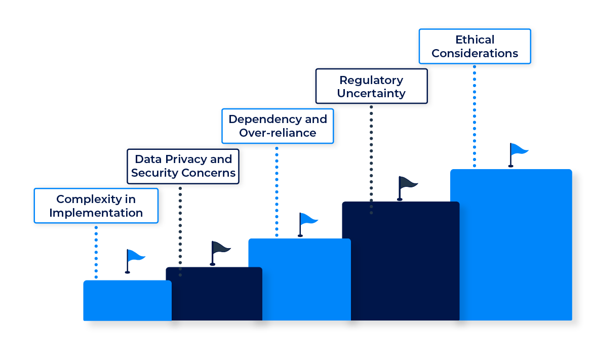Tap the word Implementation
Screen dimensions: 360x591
(96, 213)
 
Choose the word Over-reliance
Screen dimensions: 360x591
(278, 133)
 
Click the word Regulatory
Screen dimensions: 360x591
(371, 80)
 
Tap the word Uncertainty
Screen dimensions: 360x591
(371, 94)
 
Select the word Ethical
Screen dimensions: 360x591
(475, 39)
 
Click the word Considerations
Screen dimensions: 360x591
(475, 53)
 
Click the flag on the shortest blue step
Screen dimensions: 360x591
(134, 258)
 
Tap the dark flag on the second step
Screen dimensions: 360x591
(220, 249)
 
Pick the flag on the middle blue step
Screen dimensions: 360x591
(307, 221)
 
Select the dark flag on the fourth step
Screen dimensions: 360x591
(407, 184)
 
